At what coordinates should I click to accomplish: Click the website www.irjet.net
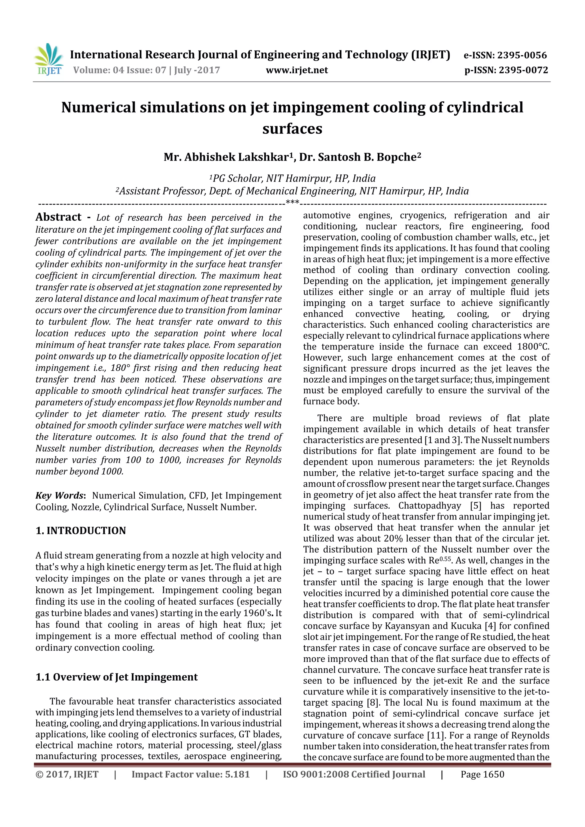pyautogui.click(x=297, y=70)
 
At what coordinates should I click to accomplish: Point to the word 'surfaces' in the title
pyautogui.click(x=292, y=128)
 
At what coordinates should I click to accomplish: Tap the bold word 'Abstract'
pyautogui.click(x=58, y=217)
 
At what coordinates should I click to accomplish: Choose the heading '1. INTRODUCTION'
pyautogui.click(x=81, y=531)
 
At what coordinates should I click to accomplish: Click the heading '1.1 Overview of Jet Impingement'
pyautogui.click(x=117, y=677)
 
